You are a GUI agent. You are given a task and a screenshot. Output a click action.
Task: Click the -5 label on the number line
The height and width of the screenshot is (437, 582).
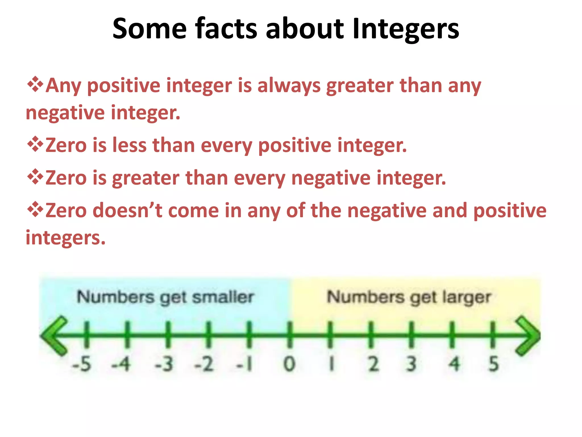82,364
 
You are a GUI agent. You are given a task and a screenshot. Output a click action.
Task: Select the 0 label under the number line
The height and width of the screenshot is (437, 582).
289,364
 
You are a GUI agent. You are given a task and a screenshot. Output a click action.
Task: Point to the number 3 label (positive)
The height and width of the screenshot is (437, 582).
411,364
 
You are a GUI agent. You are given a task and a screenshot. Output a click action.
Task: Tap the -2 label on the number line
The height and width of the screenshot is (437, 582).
204,364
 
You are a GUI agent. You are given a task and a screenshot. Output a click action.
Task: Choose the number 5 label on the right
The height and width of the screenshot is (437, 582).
494,364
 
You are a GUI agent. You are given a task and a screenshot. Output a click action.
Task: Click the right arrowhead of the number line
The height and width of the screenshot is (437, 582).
528,336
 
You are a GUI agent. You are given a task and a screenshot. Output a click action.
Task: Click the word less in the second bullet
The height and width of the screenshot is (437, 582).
129,145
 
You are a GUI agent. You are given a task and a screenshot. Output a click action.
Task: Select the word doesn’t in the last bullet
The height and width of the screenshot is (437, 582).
128,210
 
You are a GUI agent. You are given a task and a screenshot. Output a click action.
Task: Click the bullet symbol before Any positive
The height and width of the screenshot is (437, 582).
35,84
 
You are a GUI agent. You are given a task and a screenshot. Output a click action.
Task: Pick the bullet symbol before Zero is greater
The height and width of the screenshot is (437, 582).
35,177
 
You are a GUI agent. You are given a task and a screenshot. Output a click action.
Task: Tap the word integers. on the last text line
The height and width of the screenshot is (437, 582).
66,238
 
